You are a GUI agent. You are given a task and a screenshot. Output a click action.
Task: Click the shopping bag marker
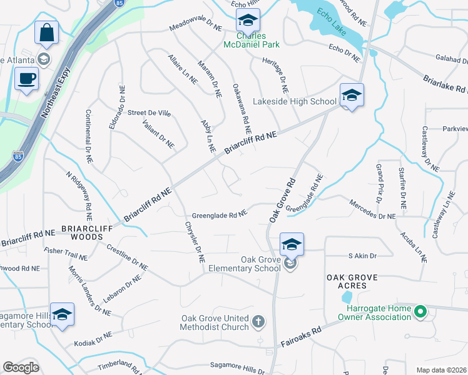coord(46,33)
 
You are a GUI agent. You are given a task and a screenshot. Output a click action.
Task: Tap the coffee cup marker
coord(26,79)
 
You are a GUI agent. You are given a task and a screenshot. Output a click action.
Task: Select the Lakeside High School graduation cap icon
coord(352,96)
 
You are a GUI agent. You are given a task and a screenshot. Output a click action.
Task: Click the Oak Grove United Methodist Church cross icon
coord(258,322)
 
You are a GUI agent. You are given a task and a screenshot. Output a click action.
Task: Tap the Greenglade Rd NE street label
coord(220,214)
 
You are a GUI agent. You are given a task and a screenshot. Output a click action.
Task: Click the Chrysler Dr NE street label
coord(195,241)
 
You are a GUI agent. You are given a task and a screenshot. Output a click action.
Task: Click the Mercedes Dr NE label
coord(372,215)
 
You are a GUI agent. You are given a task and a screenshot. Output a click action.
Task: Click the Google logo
coord(21,367)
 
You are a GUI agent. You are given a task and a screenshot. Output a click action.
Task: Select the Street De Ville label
coord(149,113)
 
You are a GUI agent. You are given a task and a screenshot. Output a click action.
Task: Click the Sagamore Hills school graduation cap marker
coord(62,314)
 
